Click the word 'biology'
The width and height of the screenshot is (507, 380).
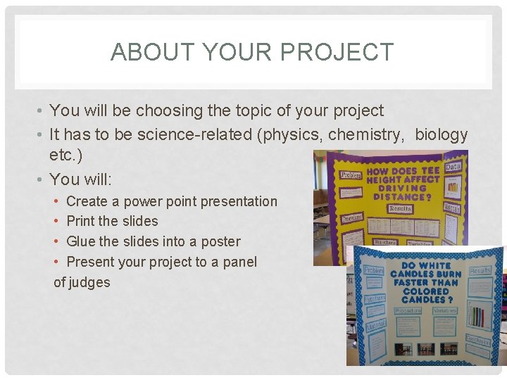(x=442, y=134)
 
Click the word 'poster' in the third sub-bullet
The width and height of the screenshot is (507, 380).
(x=220, y=241)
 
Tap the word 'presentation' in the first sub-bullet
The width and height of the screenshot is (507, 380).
(x=239, y=201)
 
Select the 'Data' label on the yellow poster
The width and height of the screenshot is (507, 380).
(x=453, y=167)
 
